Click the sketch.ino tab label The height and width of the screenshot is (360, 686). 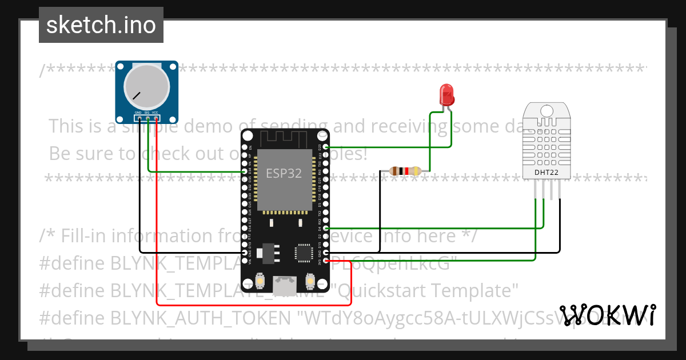pos(101,25)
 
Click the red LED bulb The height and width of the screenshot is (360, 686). pos(446,94)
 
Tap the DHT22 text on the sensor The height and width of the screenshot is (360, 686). pos(547,172)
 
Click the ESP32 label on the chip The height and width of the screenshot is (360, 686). pos(284,173)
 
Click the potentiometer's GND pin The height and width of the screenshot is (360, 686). pos(139,118)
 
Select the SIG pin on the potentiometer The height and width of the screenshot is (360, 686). pos(147,118)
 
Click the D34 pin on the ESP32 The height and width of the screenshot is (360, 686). pos(245,171)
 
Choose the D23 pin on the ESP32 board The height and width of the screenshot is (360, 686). pos(325,147)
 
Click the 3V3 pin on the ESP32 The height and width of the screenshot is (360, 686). pos(325,261)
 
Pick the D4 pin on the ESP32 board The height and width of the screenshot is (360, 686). pos(325,228)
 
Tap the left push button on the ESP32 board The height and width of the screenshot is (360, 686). pos(260,282)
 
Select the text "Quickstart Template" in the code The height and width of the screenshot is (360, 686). pos(429,291)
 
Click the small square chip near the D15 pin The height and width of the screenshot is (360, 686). pos(302,252)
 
